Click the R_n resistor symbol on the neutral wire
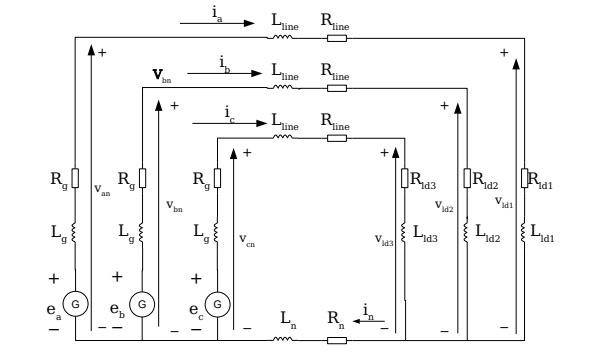[x=337, y=340]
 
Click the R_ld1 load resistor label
[x=541, y=178]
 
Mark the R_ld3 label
[x=426, y=178]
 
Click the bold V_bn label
[x=160, y=75]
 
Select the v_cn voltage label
[x=247, y=240]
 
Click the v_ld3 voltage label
[x=385, y=240]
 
